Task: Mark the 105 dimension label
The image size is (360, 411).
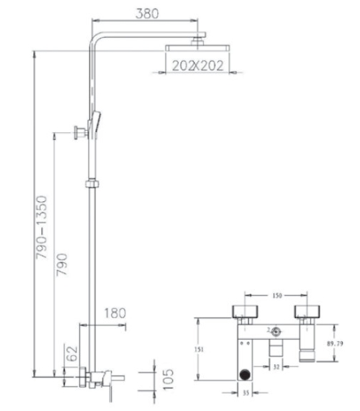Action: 167,378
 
